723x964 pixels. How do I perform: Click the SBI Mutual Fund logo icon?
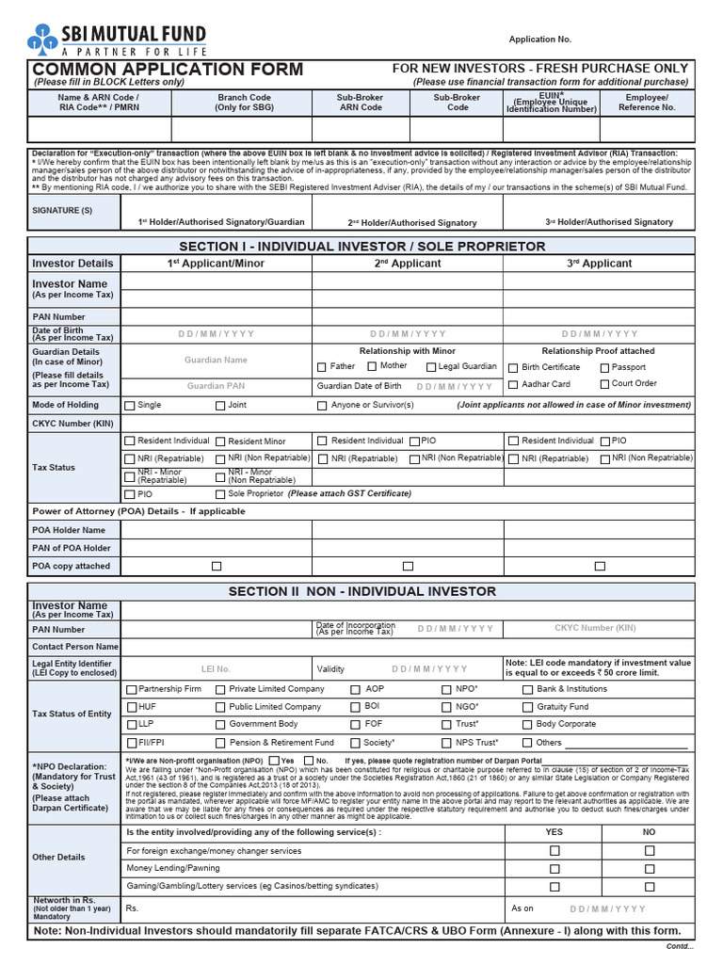(x=43, y=37)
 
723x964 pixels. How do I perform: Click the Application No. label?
(x=539, y=40)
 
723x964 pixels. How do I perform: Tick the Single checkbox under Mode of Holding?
(x=130, y=406)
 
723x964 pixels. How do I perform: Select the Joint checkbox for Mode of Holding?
(x=220, y=406)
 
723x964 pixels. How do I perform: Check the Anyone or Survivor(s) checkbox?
(x=322, y=406)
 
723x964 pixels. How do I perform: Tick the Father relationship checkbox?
(x=322, y=367)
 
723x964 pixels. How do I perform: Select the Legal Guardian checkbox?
(x=429, y=367)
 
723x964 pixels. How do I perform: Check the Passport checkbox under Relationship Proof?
(x=604, y=367)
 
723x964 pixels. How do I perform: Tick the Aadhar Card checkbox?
(x=513, y=384)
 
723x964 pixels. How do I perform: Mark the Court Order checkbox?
(x=604, y=384)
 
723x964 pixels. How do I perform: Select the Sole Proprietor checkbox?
(x=220, y=494)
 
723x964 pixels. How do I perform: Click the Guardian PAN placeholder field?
(x=216, y=386)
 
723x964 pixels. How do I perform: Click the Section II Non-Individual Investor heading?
(x=361, y=591)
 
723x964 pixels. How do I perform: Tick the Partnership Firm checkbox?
(x=131, y=689)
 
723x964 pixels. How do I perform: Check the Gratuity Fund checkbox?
(x=527, y=707)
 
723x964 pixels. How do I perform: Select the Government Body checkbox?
(x=220, y=725)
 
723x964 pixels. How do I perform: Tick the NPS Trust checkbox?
(x=447, y=743)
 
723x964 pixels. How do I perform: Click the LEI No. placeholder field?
(x=216, y=669)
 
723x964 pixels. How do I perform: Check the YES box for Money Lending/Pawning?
(x=554, y=869)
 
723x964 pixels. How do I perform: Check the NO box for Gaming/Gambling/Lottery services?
(x=650, y=887)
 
